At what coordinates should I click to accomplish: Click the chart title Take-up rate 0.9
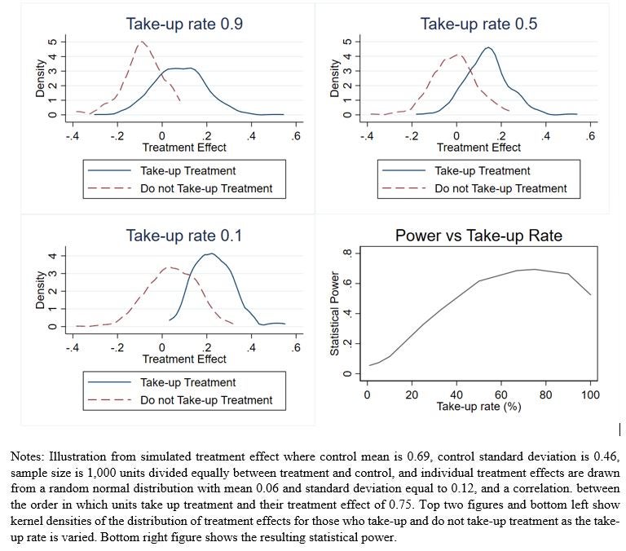(184, 24)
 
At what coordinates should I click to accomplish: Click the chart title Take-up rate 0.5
(478, 24)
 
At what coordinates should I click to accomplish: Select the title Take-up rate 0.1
(184, 236)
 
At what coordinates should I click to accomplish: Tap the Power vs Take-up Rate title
(478, 236)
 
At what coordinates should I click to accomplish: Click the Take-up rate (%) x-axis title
(478, 407)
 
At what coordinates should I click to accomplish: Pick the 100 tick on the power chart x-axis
(590, 395)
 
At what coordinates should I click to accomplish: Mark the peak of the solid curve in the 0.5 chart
(487, 47)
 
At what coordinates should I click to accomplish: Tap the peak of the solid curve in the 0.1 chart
(210, 253)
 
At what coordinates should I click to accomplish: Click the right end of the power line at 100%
(590, 294)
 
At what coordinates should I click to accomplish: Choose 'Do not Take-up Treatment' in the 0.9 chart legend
(206, 188)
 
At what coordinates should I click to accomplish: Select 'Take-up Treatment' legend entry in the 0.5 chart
(483, 171)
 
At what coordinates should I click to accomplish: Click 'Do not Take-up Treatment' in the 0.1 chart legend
(206, 400)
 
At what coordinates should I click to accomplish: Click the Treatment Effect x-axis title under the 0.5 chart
(478, 148)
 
